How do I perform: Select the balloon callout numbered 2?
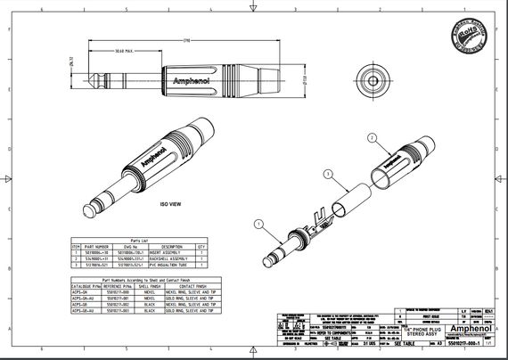[370, 138]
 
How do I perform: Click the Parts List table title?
[139, 239]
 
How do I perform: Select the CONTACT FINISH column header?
[191, 284]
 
